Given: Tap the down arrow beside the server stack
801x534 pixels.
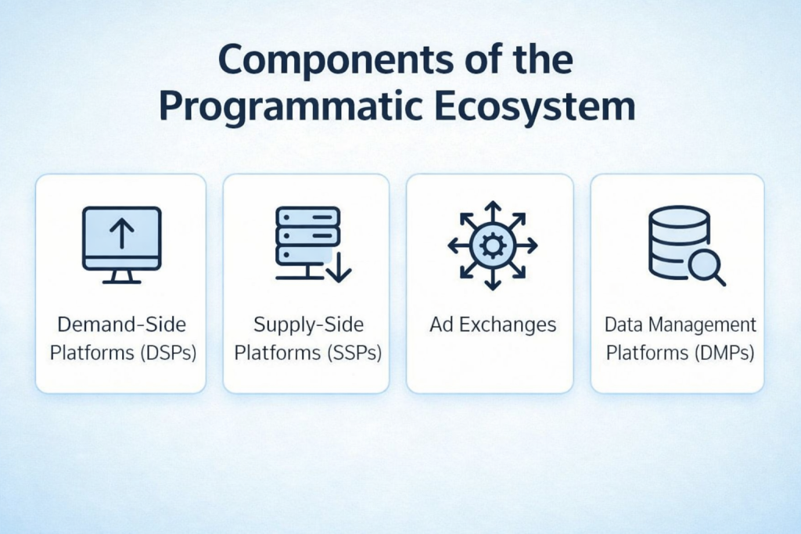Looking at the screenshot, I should pyautogui.click(x=339, y=266).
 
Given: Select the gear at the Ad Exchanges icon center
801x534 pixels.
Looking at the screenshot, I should pyautogui.click(x=492, y=245).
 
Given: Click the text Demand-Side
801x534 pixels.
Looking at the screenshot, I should pyautogui.click(x=122, y=324).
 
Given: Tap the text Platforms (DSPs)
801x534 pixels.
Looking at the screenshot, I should pyautogui.click(x=122, y=353).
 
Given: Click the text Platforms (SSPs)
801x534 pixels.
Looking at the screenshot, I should pyautogui.click(x=307, y=353).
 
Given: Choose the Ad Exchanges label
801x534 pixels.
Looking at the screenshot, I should pyautogui.click(x=492, y=324).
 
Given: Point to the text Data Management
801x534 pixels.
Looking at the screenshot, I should pyautogui.click(x=679, y=324).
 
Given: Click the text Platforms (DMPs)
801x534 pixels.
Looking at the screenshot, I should pyautogui.click(x=679, y=353).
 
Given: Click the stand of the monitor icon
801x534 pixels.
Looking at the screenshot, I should pyautogui.click(x=121, y=276).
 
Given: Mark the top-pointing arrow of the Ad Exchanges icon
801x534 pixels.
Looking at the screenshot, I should pyautogui.click(x=492, y=209).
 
